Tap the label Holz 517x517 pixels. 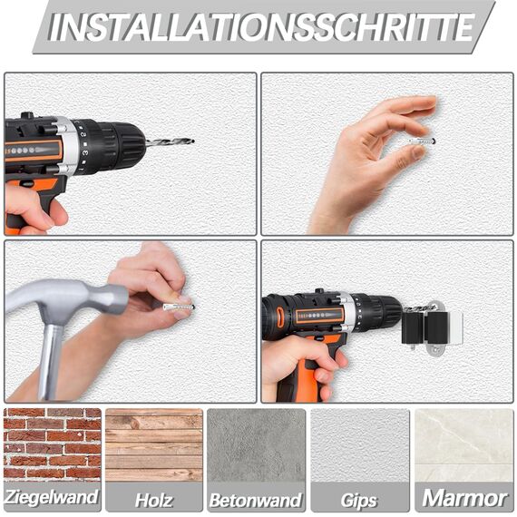(153, 499)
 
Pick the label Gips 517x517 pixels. (359, 500)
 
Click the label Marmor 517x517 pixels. (463, 498)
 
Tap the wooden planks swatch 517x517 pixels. (153, 444)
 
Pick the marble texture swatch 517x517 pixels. (463, 444)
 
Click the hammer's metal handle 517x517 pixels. (51, 358)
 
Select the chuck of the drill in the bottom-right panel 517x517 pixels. (382, 313)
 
